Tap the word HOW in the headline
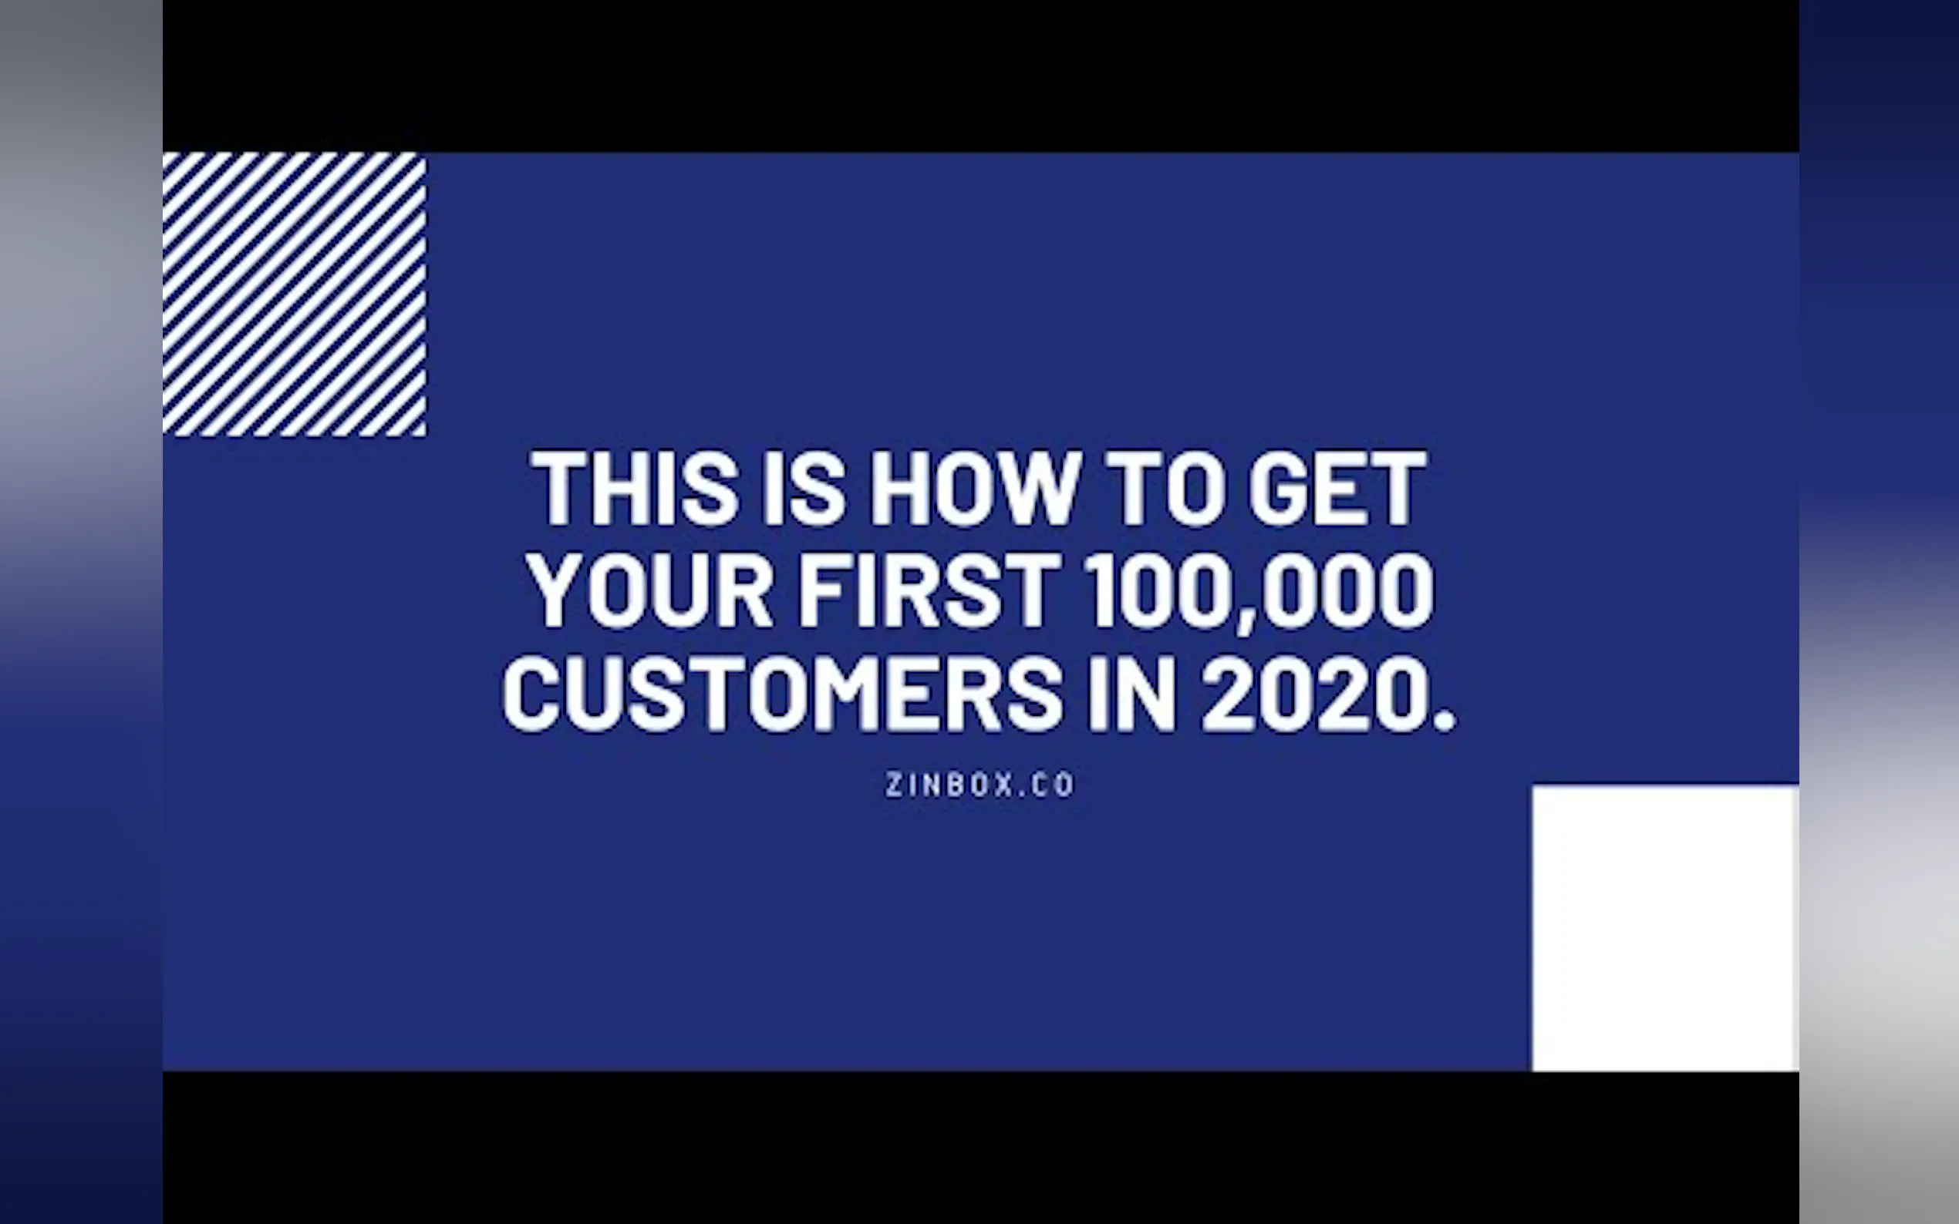[x=974, y=488]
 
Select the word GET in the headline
[x=1337, y=488]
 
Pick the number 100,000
[x=1260, y=591]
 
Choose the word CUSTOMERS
[x=782, y=694]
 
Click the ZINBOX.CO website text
[x=980, y=785]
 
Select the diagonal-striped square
[x=294, y=294]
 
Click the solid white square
[x=1665, y=927]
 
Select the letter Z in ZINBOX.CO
[x=893, y=785]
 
